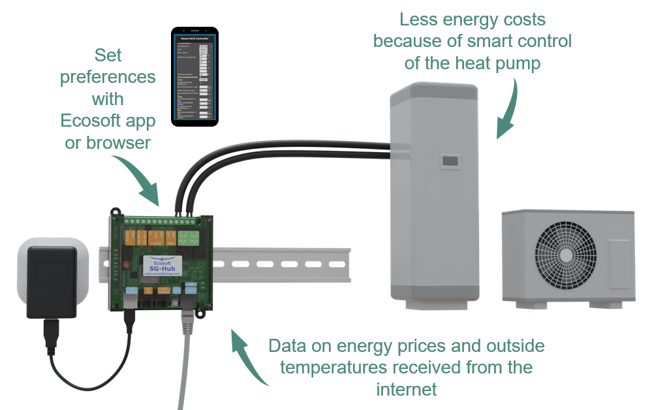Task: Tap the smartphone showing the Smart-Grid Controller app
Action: click(x=194, y=76)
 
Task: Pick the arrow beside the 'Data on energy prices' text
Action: click(x=248, y=356)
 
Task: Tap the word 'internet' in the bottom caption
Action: click(x=406, y=390)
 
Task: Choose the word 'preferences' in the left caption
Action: click(x=108, y=76)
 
